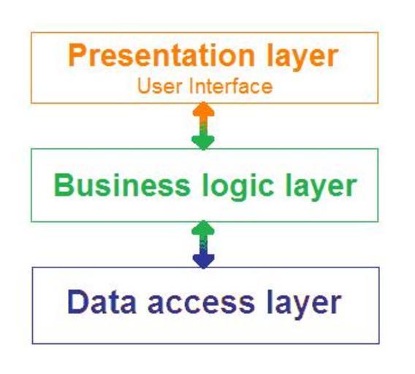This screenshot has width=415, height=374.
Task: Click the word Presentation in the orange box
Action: (161, 56)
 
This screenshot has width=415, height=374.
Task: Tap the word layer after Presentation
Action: (302, 58)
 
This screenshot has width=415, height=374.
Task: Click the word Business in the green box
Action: (122, 185)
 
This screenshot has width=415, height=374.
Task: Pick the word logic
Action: (238, 187)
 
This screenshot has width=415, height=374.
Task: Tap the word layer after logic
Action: (321, 187)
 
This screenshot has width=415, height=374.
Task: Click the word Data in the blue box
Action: (102, 302)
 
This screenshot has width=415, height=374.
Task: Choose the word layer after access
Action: (304, 305)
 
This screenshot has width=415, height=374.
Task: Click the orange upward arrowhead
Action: (203, 109)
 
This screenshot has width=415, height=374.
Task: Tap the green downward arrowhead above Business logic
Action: (203, 143)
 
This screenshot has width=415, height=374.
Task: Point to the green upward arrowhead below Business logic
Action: (203, 228)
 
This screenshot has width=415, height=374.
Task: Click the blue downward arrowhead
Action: (203, 262)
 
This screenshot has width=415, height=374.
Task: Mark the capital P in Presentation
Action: (77, 55)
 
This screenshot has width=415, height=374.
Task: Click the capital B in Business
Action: (64, 185)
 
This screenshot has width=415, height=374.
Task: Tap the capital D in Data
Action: (77, 302)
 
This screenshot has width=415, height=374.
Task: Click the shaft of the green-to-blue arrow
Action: (203, 245)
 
